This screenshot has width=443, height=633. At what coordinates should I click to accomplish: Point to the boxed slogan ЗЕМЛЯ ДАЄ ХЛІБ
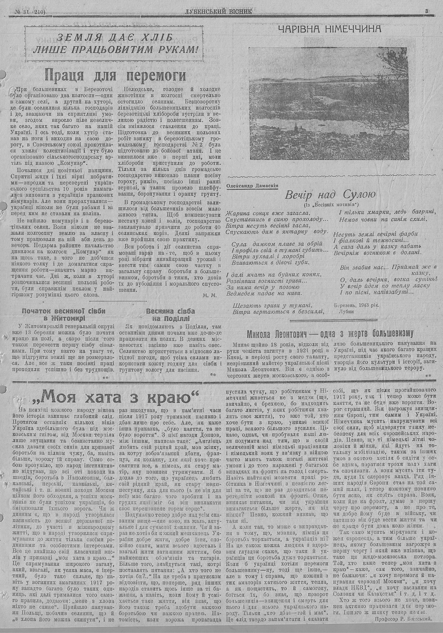[116, 38]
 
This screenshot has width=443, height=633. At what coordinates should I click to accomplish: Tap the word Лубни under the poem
[346, 312]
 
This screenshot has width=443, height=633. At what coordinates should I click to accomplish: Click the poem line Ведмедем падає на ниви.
[264, 293]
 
